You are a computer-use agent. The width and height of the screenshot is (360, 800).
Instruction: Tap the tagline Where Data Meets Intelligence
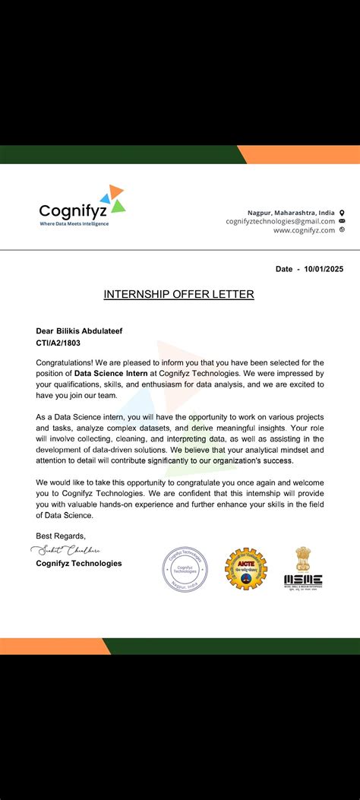click(x=74, y=223)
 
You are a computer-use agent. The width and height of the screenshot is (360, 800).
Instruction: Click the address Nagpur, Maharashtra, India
click(x=291, y=212)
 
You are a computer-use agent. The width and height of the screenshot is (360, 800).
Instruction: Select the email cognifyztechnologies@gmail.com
click(x=280, y=221)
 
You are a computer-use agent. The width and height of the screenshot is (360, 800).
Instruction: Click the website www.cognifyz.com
click(x=304, y=230)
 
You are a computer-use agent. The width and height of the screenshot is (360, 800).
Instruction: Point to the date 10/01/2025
click(x=323, y=269)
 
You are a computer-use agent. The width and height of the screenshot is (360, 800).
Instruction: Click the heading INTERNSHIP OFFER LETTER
click(x=178, y=294)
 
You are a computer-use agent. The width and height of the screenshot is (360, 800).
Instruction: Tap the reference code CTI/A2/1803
click(x=62, y=343)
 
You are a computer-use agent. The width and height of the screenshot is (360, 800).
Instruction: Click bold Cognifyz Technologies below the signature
click(x=78, y=563)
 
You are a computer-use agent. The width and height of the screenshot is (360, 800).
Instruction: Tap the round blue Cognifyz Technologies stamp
click(x=184, y=570)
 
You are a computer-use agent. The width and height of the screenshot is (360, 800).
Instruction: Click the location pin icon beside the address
click(x=342, y=212)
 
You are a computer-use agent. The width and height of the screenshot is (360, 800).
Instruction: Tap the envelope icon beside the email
click(x=342, y=221)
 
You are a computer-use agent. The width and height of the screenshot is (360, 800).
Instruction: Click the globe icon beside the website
click(x=342, y=230)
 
